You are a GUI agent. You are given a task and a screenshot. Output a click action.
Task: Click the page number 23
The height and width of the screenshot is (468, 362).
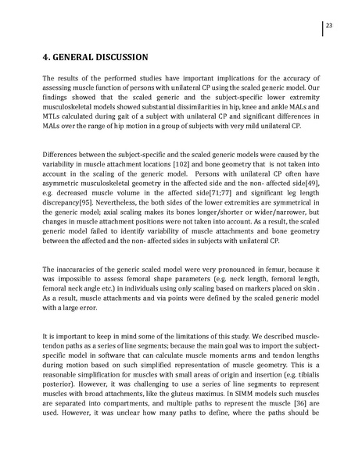click(x=330, y=27)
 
